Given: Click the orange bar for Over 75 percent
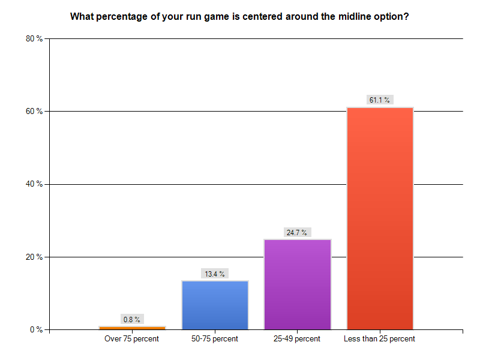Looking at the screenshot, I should coord(132,328).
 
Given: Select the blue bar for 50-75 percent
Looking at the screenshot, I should coord(215,305).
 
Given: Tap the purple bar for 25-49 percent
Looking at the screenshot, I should coord(297,284).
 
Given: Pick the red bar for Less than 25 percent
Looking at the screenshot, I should coord(380,218).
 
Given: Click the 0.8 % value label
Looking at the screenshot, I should coord(131,320).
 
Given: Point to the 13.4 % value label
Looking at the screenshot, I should coord(214,274).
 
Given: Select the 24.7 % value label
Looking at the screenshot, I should coord(297,232).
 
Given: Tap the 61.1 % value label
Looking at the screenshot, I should coord(380,100).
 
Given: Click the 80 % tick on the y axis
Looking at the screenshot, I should coord(34,38).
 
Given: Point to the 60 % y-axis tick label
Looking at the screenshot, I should coord(34,111).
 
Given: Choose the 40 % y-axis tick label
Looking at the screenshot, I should coord(34,184).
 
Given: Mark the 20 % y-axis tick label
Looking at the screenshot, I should coord(34,257).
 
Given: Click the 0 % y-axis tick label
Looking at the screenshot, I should coord(36,329).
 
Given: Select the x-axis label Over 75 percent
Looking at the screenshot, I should coord(131,339).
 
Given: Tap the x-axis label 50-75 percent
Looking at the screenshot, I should coord(214,339).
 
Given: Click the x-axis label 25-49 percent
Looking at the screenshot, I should coord(297,339).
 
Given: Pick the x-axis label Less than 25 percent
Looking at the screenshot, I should coord(380,339).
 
